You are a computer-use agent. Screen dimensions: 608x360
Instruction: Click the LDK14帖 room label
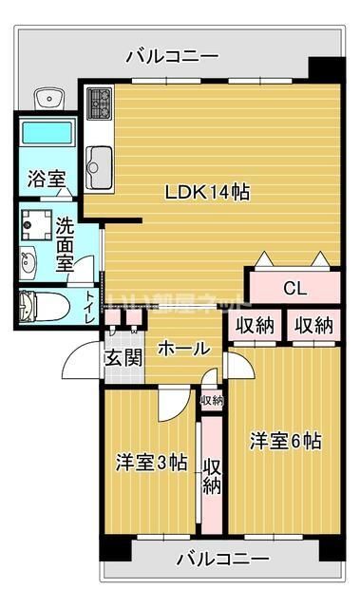pyautogui.click(x=207, y=192)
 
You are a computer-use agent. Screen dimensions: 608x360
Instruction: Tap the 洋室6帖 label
pyautogui.click(x=285, y=441)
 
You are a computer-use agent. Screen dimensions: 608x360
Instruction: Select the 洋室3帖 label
pyautogui.click(x=149, y=463)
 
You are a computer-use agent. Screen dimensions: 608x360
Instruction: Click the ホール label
pyautogui.click(x=182, y=349)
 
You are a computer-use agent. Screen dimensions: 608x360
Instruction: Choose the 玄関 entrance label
pyautogui.click(x=123, y=358)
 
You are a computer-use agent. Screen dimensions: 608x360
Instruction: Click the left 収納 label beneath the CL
pyautogui.click(x=255, y=326)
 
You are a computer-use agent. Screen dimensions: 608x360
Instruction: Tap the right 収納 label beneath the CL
pyautogui.click(x=313, y=326)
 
